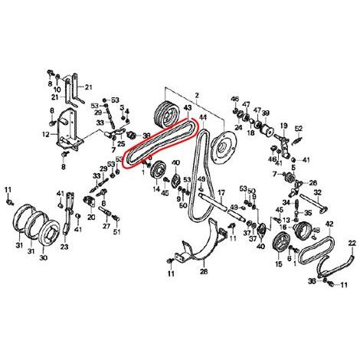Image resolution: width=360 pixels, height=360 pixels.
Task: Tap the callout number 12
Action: [45, 135]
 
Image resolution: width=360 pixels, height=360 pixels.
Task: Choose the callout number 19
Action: [283, 126]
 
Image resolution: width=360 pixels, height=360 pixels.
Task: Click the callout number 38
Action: [146, 135]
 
